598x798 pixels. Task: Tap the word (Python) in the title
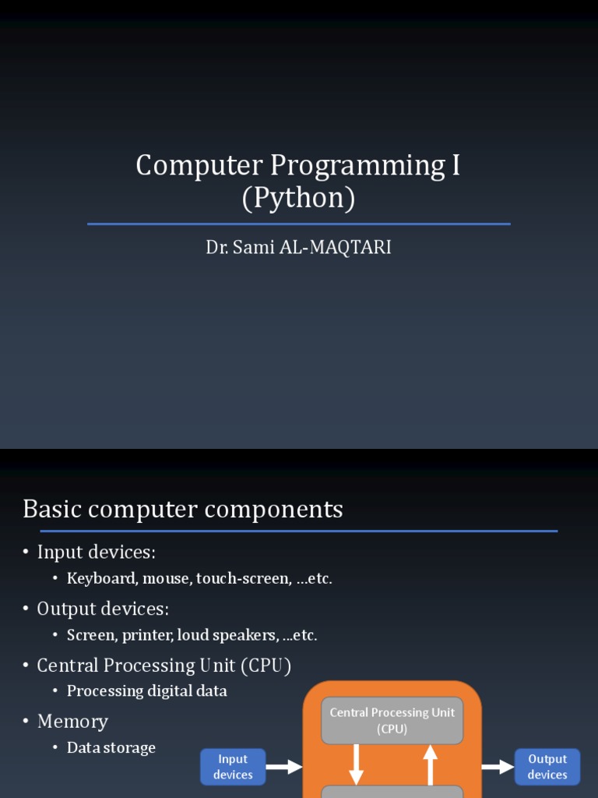click(298, 198)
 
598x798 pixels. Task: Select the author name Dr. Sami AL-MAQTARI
click(298, 248)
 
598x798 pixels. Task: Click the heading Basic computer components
click(183, 510)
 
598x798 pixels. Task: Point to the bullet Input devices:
click(97, 553)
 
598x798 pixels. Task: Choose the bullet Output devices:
click(103, 609)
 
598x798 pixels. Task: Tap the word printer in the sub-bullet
click(151, 635)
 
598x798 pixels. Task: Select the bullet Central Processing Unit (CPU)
click(164, 666)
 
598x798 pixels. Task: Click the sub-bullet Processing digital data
click(147, 691)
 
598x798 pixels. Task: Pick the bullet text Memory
click(72, 722)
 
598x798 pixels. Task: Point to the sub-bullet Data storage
click(111, 748)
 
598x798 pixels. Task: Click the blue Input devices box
click(233, 767)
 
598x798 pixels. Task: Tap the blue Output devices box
click(547, 767)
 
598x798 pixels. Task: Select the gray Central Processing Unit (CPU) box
click(392, 721)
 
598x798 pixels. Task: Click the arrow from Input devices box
click(284, 767)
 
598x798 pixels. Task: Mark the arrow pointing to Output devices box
click(498, 767)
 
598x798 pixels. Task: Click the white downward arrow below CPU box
click(356, 764)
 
